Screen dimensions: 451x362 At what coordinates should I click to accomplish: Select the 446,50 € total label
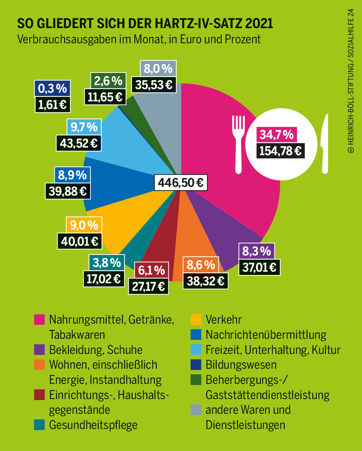(181, 183)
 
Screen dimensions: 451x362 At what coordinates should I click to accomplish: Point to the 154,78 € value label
(280, 150)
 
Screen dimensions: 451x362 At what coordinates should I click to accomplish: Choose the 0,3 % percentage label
(53, 88)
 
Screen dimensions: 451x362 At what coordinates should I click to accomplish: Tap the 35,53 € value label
(154, 85)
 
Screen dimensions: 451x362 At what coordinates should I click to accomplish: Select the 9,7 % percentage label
(84, 127)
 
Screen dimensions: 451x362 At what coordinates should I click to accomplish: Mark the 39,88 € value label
(68, 191)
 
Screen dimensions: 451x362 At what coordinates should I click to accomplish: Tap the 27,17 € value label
(149, 286)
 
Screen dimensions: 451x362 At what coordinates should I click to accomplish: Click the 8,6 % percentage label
(201, 265)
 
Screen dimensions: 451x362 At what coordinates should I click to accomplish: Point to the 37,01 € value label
(260, 267)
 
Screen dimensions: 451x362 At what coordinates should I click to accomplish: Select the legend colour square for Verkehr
(195, 320)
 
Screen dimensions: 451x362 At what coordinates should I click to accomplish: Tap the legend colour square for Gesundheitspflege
(39, 425)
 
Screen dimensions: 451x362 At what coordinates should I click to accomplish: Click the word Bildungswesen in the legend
(241, 365)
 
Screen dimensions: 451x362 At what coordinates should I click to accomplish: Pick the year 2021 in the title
(259, 24)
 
